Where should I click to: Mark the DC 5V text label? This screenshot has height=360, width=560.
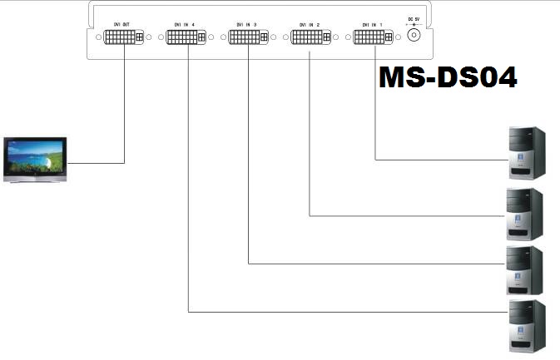tap(413, 19)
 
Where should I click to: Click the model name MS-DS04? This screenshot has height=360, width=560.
tap(448, 77)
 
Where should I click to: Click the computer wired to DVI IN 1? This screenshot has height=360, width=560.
tap(527, 152)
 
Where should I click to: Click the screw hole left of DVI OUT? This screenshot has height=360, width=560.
tap(98, 37)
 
